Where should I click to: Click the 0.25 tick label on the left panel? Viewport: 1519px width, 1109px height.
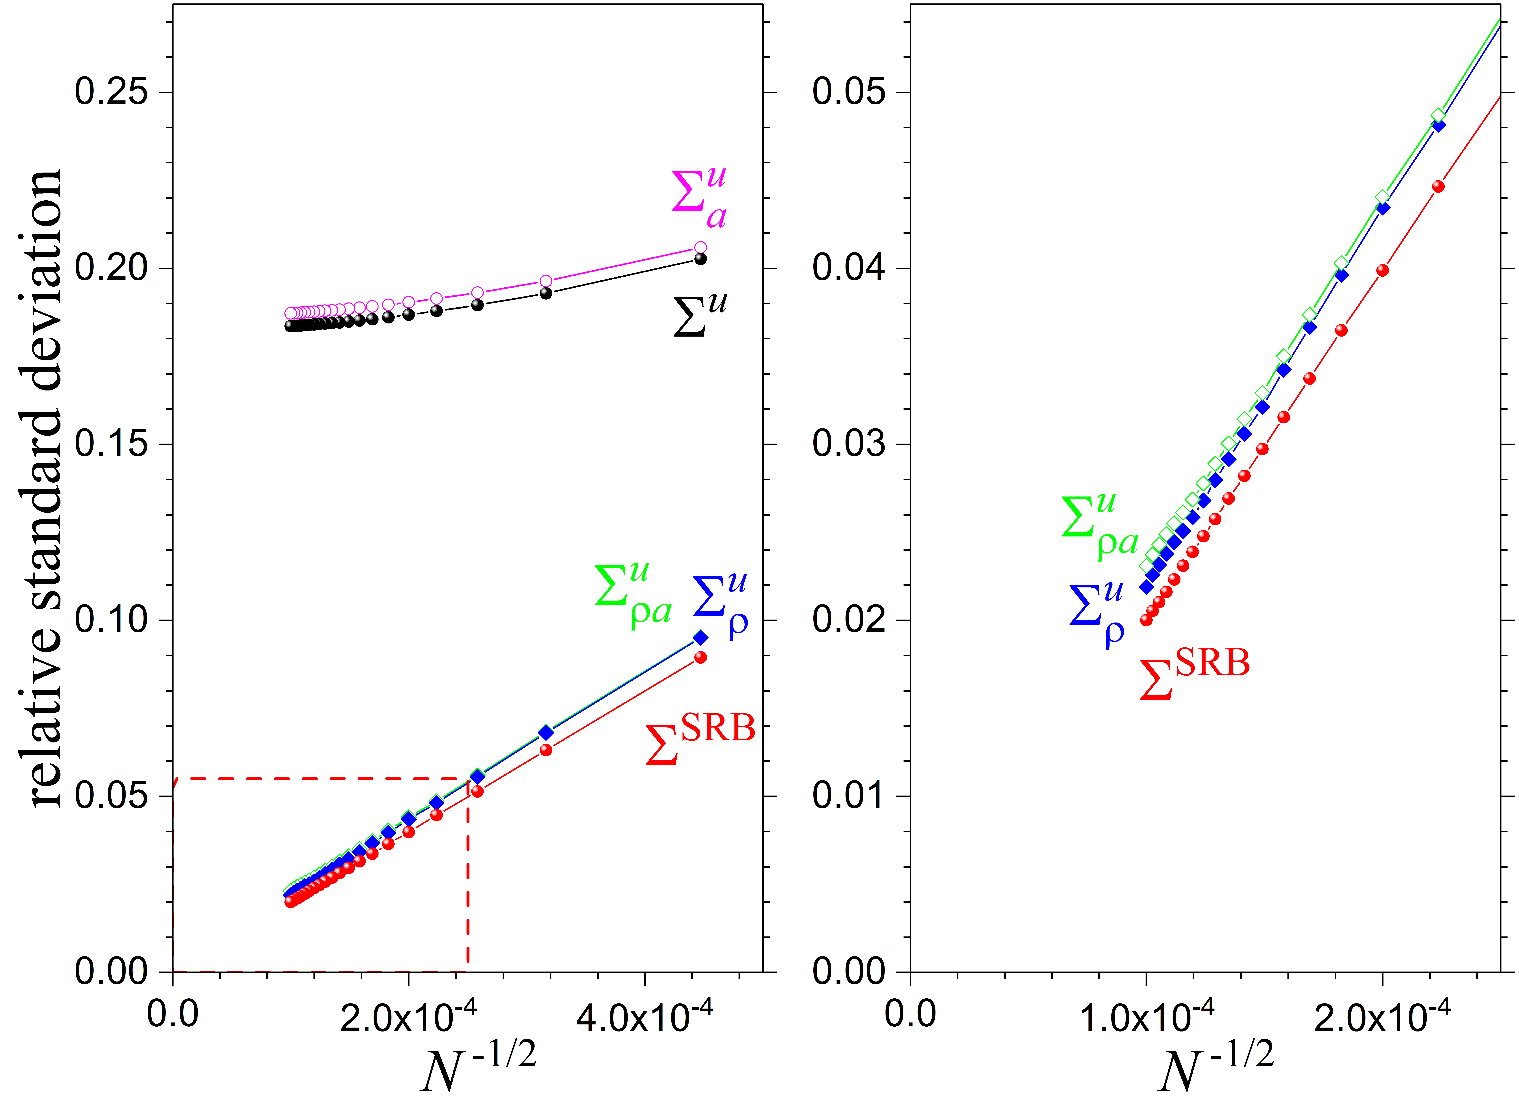(111, 92)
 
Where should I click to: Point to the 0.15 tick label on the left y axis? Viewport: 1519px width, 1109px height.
(111, 444)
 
